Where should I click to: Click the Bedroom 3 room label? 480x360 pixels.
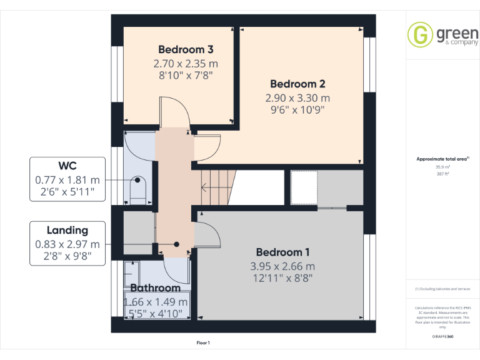186,49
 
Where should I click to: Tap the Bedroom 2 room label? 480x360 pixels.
297,84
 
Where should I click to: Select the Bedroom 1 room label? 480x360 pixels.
282,252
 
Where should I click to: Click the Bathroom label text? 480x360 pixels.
155,288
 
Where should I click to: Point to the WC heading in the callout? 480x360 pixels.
67,166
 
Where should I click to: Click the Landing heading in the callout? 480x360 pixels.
67,230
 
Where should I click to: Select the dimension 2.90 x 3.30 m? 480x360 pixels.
297,98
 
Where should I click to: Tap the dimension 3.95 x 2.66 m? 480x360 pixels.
282,266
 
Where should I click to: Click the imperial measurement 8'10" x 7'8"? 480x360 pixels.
186,76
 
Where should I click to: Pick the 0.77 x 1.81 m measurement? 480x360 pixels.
67,180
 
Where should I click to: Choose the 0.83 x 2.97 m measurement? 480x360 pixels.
67,244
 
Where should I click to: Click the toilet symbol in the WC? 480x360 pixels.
137,188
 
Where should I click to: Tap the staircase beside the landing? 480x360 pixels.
216,186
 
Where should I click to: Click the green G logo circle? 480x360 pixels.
419,34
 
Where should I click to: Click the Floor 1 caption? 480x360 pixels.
203,343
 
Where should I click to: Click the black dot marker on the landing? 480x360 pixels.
177,244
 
